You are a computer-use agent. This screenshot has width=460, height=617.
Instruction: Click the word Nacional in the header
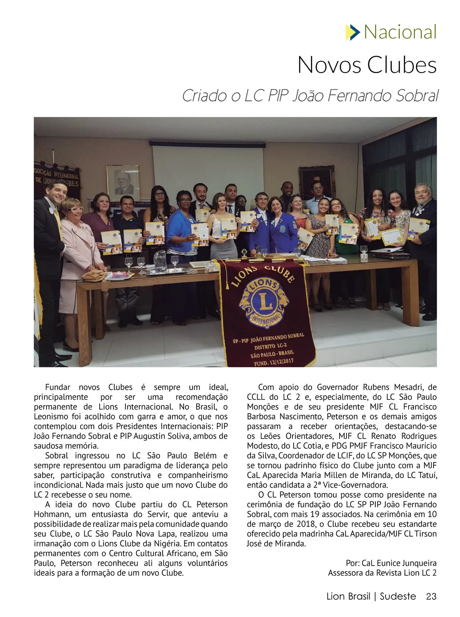(400, 32)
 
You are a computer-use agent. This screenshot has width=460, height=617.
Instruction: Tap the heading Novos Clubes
(367, 65)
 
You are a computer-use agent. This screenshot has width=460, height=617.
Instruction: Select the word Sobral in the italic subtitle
(416, 96)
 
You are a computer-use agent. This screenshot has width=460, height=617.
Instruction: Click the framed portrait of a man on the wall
(123, 180)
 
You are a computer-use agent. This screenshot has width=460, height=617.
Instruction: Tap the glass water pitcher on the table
(160, 261)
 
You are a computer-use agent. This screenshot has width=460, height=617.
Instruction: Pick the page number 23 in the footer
(431, 596)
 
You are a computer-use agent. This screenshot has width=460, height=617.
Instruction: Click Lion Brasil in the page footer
(348, 596)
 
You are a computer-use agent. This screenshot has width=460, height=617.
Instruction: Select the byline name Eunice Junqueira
(406, 563)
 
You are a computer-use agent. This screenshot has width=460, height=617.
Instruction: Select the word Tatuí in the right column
(427, 475)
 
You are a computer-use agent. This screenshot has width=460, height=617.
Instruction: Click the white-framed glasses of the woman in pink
(75, 209)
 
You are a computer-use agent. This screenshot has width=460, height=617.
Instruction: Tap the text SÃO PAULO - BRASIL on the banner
(273, 354)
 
